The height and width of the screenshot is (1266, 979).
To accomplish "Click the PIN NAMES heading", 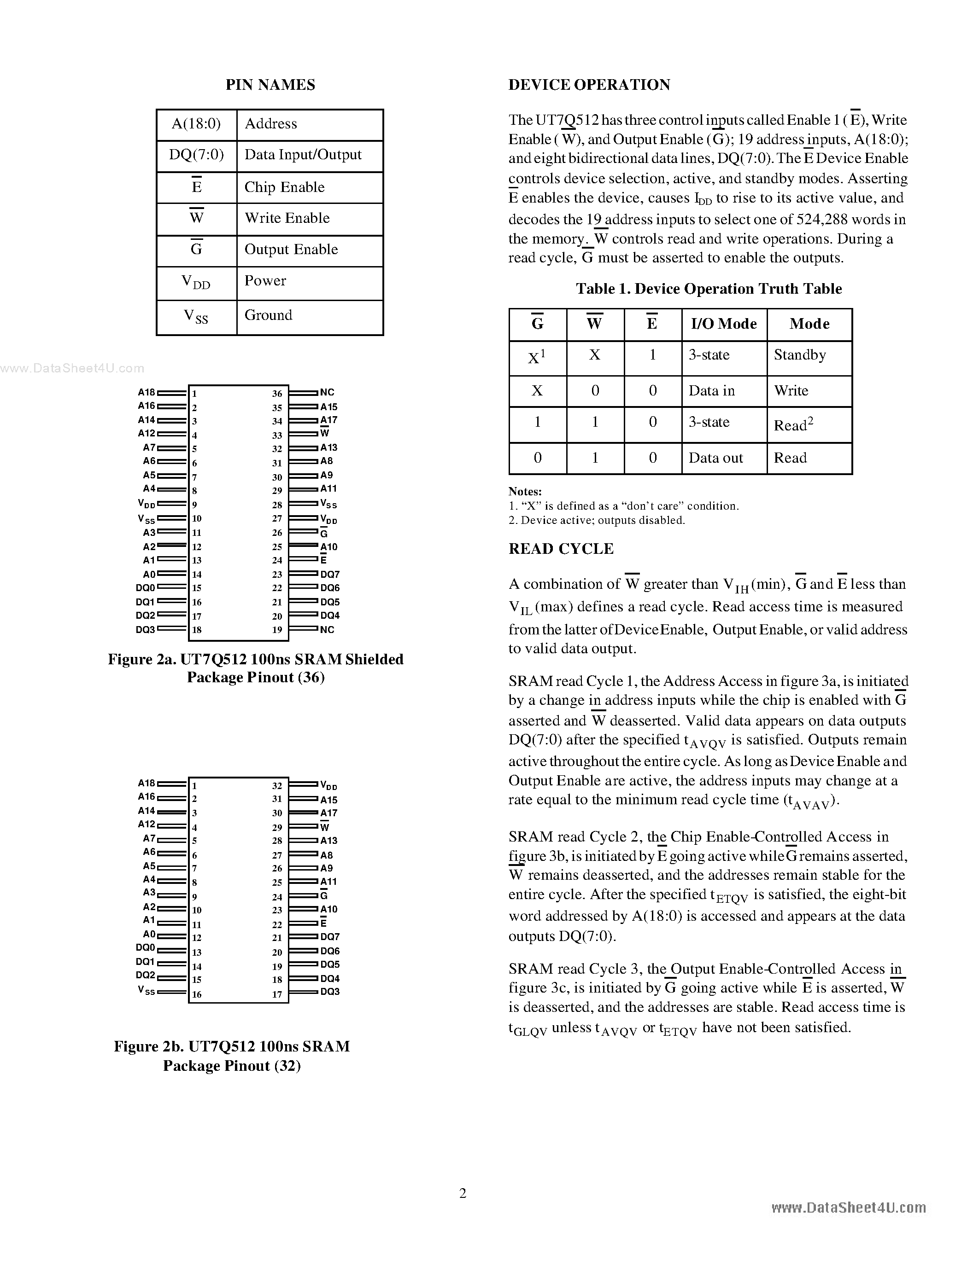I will coord(270,85).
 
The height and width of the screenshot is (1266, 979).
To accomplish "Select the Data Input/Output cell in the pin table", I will coord(303,155).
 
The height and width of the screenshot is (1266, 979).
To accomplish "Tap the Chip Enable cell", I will coord(284,187).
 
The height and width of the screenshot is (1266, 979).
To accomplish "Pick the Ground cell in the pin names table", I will coord(268,315).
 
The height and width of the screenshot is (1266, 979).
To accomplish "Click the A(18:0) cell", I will coord(196,123).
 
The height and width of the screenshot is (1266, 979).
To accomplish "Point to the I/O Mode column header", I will coord(724,324).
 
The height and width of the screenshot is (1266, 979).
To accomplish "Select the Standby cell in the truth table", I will coord(800,355).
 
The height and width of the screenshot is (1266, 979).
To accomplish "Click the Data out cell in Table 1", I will coord(715,458).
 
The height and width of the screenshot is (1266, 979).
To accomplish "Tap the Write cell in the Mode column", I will coord(791,391).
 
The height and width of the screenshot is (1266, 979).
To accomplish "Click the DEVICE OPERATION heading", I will coord(589,85).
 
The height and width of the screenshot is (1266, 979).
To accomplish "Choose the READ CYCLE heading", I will coord(561,549).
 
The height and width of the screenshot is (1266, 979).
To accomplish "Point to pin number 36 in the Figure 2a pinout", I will coord(277,394).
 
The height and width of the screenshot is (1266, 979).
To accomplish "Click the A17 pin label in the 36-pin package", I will coord(329,420).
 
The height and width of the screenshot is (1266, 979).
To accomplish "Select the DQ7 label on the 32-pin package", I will coord(330,936).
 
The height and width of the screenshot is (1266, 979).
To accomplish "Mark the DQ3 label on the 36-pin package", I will coord(145,629).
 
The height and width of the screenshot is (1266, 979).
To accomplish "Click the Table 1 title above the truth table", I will coord(708,289).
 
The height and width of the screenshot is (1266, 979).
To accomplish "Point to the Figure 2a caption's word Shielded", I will coord(374,659).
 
